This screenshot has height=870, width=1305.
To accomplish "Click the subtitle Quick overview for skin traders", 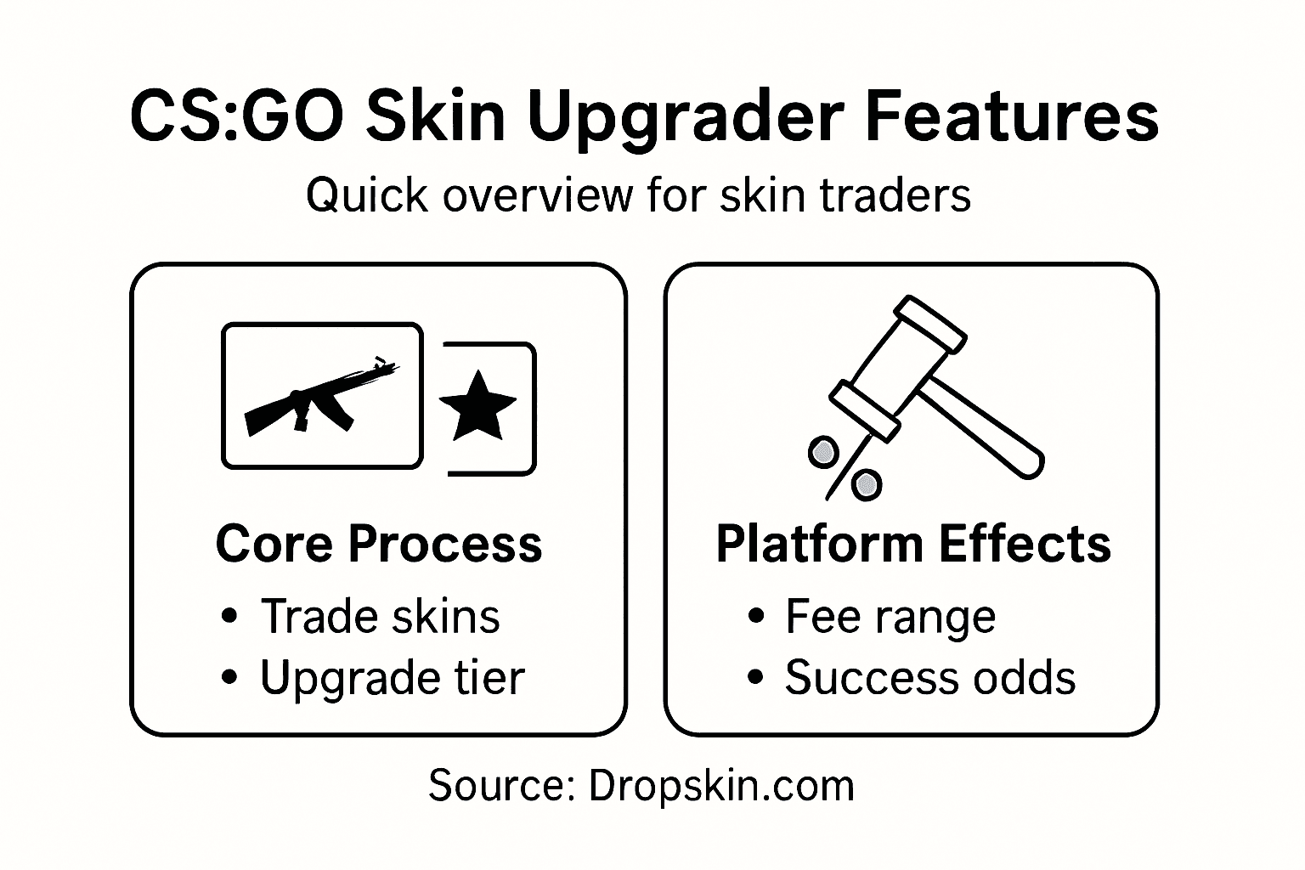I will coord(638,195).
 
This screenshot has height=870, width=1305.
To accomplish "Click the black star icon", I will coord(477,406).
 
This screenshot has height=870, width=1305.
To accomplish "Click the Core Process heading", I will coord(379,544).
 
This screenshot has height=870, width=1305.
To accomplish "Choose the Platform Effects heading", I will coord(913,544).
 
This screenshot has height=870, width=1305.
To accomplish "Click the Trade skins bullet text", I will coord(380,616).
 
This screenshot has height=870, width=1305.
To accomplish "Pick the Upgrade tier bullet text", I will coord(392,678).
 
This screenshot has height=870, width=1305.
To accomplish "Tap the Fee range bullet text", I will coord(890,616).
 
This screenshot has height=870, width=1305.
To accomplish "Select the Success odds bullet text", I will coord(929,678).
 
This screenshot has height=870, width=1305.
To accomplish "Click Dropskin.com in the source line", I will coord(720,785).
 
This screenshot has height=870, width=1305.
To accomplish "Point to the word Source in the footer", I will coord(497,785).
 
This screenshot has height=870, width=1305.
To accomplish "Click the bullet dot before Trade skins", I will coord(228,617).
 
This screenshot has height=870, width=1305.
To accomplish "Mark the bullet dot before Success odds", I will coord(754,679).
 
